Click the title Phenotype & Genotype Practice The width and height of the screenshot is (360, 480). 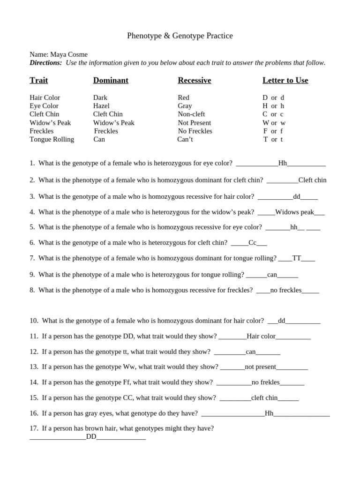pos(180,36)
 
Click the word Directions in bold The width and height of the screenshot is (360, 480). pos(45,63)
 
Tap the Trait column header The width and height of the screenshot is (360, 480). pos(39,81)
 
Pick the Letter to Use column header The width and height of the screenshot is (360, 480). pos(285,81)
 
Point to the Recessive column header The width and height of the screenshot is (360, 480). pos(194,81)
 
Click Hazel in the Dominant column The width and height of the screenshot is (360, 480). pos(101,106)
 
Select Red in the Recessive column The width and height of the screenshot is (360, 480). pos(183,97)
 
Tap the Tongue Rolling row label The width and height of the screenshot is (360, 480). pos(52,139)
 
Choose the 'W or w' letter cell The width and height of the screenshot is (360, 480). pos(274,123)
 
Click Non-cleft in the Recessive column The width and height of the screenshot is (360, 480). pos(191,114)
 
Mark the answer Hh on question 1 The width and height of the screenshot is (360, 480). pos(283,163)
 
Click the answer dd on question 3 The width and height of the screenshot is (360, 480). pos(296,197)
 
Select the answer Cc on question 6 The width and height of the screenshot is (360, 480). pos(253,243)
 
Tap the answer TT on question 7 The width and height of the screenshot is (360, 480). pos(297,258)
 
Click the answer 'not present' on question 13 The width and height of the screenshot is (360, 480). pos(260,367)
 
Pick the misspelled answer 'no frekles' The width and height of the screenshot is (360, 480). pos(265,382)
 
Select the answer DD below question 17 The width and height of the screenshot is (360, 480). pos(91,437)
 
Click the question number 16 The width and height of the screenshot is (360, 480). pos(34,413)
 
